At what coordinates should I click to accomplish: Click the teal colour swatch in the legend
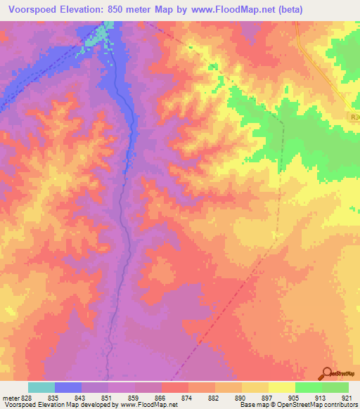41,387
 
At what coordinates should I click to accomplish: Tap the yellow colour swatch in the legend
281,387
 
